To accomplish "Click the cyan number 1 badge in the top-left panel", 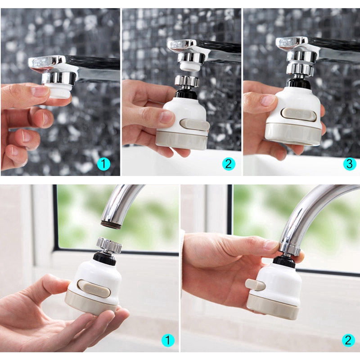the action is coord(103,164).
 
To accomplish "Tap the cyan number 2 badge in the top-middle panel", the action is coord(229,164).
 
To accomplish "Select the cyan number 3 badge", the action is coord(350,164).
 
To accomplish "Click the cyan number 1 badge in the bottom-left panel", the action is coord(168,340).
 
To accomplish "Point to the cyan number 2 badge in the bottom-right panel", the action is coord(348,340).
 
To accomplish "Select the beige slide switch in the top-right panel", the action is coord(298,114).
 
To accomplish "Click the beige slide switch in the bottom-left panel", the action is coord(94,288).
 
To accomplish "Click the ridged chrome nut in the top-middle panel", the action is coord(187,81).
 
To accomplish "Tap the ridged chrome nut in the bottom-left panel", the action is coord(109,245).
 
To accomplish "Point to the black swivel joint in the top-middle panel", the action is coord(186,92).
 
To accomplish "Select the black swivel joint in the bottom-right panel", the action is coord(284,261).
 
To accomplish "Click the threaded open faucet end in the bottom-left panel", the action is coord(111,224).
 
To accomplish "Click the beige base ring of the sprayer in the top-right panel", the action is coord(293,133).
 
